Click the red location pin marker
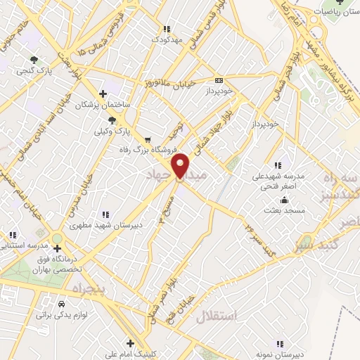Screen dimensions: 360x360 [x=181, y=165]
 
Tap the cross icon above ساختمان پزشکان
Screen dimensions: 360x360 [x=103, y=94]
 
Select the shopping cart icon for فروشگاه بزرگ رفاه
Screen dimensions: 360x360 [x=147, y=139]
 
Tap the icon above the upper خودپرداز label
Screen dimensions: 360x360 [x=219, y=80]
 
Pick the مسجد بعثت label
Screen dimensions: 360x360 [x=283, y=210]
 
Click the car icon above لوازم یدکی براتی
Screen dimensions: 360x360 [x=61, y=304]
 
